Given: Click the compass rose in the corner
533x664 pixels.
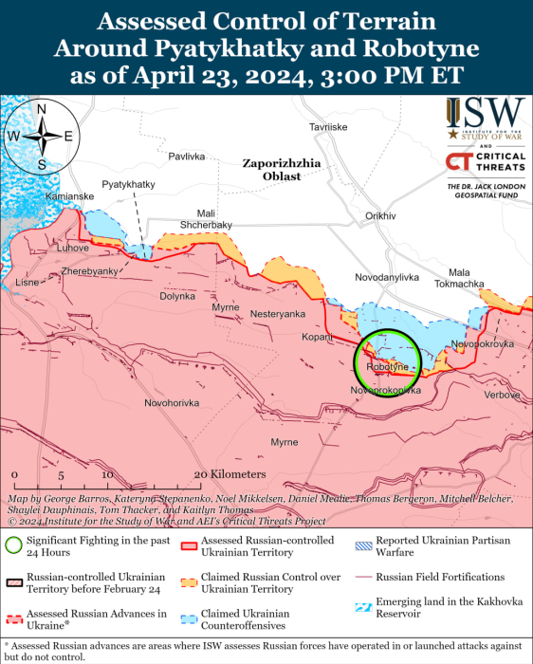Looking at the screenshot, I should tap(42, 136).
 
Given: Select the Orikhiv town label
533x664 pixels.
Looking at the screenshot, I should tap(379, 216).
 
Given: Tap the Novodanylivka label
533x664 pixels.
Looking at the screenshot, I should tap(386, 277).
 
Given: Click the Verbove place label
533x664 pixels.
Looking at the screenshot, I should tap(502, 395).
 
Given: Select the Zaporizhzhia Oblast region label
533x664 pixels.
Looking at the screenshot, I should tap(282, 170).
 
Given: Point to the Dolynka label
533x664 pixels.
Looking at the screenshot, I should tap(176, 296).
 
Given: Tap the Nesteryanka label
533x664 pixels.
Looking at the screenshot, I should tap(278, 313).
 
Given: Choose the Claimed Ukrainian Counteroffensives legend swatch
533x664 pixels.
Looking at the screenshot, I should tap(191, 614).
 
